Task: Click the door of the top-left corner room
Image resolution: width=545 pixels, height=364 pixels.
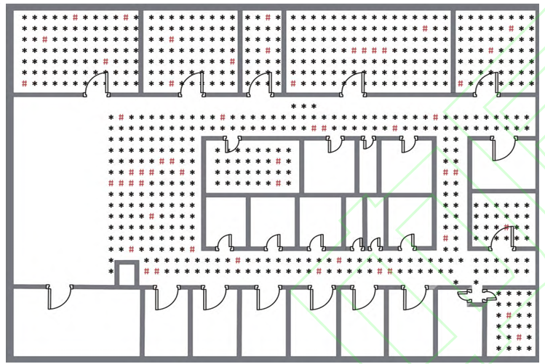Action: (97, 83)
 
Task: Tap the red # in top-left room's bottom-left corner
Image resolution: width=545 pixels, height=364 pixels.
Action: (24, 84)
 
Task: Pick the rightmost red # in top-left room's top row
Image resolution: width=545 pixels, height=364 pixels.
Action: (126, 17)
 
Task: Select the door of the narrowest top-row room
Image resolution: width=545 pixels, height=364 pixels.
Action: (258, 83)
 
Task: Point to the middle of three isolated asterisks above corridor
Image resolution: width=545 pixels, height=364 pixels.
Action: (303, 106)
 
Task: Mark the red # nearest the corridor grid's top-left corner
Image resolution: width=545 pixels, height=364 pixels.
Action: (121, 117)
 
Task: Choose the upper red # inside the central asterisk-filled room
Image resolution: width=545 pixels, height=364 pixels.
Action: (278, 161)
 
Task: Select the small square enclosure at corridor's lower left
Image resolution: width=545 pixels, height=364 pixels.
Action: (127, 273)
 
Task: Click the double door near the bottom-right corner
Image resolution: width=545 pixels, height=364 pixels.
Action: (477, 295)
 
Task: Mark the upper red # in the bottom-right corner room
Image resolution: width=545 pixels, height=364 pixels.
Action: (508, 315)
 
